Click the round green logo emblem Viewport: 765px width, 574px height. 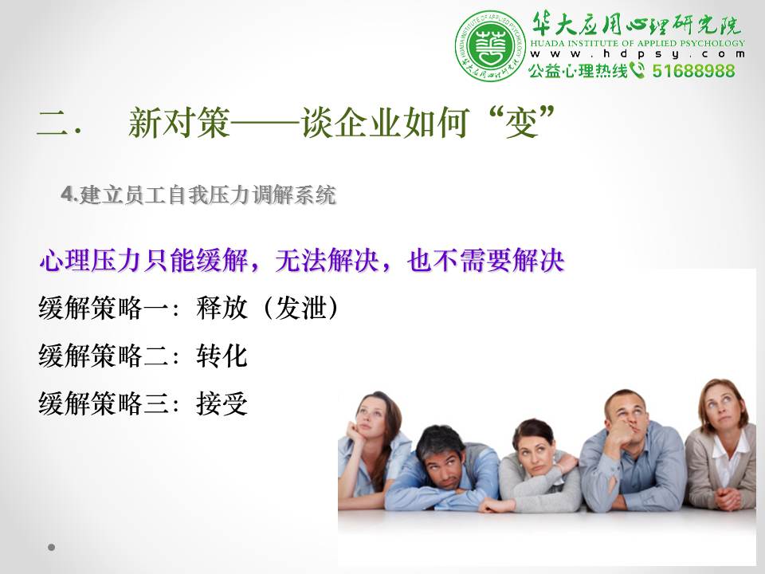click(x=491, y=46)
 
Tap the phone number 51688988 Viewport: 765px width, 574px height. click(x=693, y=71)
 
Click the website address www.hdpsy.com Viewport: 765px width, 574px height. click(x=637, y=54)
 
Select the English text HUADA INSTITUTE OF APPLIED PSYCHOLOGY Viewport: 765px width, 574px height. click(x=637, y=43)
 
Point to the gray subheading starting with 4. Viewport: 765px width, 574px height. click(x=198, y=195)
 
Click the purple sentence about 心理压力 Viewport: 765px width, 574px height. click(x=302, y=260)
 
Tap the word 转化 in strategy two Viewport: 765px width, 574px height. click(x=222, y=356)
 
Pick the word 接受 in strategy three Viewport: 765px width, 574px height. click(x=222, y=403)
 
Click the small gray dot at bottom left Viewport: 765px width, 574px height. click(x=51, y=547)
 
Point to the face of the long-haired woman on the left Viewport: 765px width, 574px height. click(x=371, y=416)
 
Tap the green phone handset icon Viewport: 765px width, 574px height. click(x=637, y=70)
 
